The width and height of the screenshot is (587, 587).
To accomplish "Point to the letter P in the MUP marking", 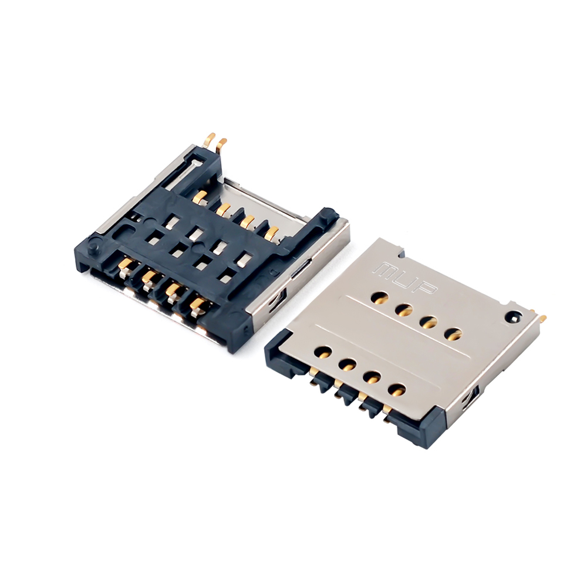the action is pos(426,287).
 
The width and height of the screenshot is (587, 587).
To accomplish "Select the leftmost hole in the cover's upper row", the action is pos(379,298).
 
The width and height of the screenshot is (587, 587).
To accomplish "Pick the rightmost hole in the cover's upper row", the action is pos(454,333).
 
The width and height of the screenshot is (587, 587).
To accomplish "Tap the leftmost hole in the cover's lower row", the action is pos(323,352).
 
